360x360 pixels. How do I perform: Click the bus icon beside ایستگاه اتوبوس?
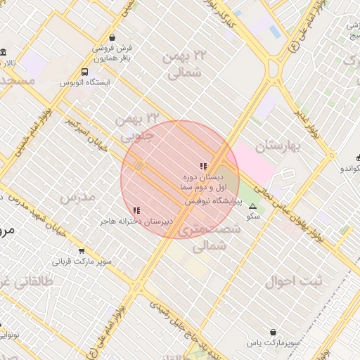tap(85, 72)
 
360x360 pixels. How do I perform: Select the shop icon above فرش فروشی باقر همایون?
tap(112, 39)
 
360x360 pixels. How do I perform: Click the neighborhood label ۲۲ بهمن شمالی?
tap(186, 63)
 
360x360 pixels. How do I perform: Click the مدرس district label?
tap(77, 198)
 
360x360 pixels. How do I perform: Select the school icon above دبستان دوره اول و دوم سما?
tap(203, 167)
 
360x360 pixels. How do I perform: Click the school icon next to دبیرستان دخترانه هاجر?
tap(136, 210)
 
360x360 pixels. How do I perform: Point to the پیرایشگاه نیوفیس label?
tap(213, 201)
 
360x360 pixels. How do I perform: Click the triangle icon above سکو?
tap(252, 206)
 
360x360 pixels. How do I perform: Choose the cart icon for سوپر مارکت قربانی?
tap(82, 251)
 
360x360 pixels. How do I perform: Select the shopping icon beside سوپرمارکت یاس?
tap(272, 332)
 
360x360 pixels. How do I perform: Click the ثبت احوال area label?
tap(293, 281)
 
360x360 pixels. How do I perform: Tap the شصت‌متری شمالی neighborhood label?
tap(205, 238)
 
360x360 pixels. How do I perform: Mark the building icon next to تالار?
tap(4, 53)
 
